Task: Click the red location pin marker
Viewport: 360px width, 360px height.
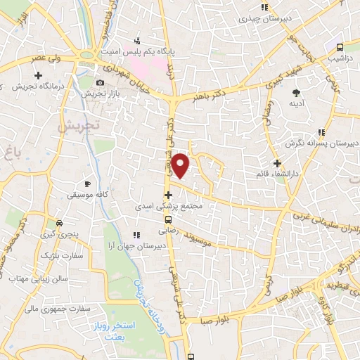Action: pos(181,166)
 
